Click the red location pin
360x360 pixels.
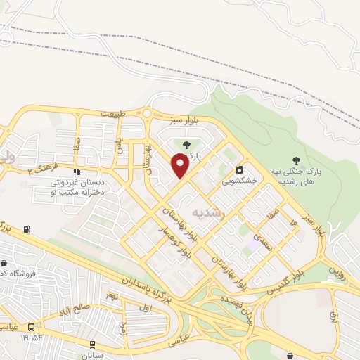(180, 167)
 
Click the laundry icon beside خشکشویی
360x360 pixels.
(240, 169)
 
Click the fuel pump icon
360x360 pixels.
(27, 229)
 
